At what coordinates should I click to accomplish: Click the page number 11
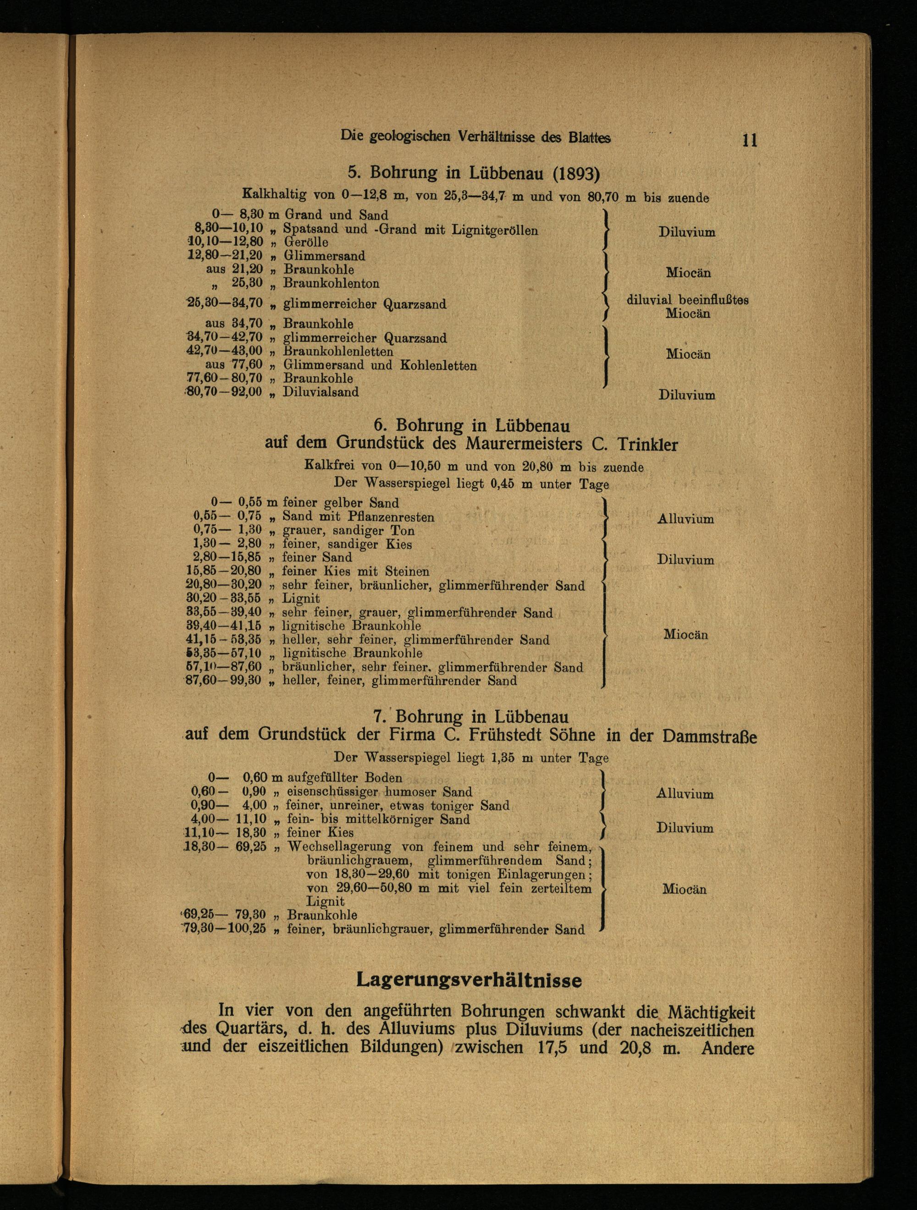pos(750,140)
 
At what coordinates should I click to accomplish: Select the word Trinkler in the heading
pos(647,444)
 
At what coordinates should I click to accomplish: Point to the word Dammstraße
pos(709,736)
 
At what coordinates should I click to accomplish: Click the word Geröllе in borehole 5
pos(305,242)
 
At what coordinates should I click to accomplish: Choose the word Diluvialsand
pos(320,392)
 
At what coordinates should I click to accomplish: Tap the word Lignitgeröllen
pos(495,230)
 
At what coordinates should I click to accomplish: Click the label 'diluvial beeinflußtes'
pos(687,300)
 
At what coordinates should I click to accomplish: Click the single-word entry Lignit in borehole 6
pos(300,599)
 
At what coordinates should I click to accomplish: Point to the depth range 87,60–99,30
pos(224,681)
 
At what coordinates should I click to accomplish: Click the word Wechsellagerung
pos(339,847)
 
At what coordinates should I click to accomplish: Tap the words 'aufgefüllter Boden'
pos(344,778)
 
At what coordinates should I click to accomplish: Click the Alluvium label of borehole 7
pos(685,794)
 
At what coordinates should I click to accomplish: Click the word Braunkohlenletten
pos(337,351)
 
